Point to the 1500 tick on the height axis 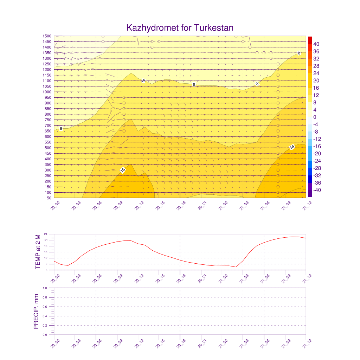(47, 36)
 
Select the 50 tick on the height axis (49, 198)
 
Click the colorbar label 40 (316, 44)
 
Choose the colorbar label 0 (315, 117)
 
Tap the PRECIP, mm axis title (36, 311)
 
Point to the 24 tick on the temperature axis (50, 234)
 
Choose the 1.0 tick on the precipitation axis (50, 288)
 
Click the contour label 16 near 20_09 (123, 170)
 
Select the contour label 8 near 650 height (61, 129)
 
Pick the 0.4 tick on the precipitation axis (50, 316)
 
